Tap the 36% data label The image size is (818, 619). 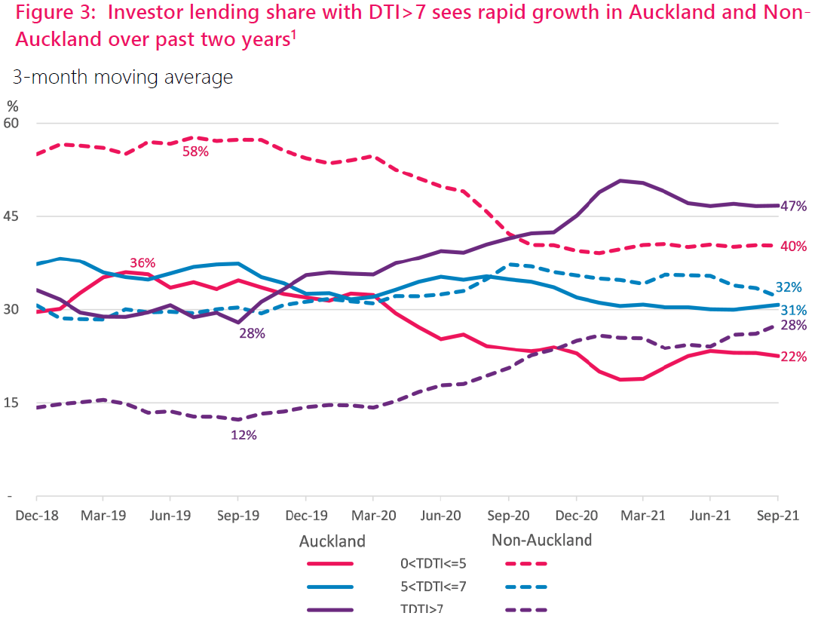point(142,263)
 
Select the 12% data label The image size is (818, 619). point(244,435)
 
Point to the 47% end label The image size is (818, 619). point(794,206)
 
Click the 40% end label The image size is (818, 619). point(794,247)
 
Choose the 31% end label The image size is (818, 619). point(794,310)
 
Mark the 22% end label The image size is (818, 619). point(794,357)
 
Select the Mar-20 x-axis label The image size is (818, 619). point(373,517)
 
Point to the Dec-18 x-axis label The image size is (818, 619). point(36,517)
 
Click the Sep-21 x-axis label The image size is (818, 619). point(777,517)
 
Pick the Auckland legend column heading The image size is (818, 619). point(332,541)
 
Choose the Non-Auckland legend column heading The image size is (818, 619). point(541,540)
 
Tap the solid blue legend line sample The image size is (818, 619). point(330,587)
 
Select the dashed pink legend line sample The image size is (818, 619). point(526,563)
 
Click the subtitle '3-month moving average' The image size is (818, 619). point(122,77)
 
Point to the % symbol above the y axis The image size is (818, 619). point(13,106)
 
